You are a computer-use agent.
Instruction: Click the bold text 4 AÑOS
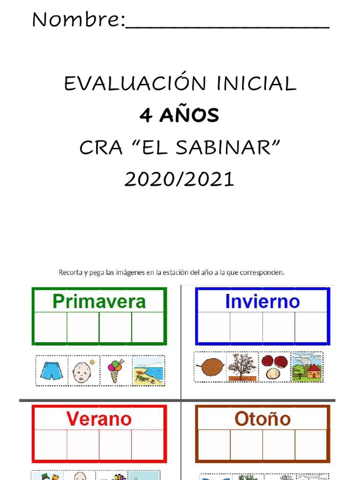point(180,115)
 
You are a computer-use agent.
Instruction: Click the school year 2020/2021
point(179,179)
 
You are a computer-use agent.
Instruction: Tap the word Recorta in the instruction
point(71,272)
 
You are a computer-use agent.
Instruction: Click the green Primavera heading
point(99,301)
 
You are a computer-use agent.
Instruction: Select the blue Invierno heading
point(262,301)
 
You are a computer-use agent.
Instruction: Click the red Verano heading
point(99,419)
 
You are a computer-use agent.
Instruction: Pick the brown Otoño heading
point(262,419)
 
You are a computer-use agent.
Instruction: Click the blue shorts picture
point(52,371)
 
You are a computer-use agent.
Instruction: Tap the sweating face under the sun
point(82,371)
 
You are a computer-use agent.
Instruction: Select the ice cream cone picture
point(115,370)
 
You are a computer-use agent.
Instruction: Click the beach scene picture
point(149,371)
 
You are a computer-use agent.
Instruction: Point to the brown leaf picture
point(210,367)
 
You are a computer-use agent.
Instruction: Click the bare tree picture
point(242,367)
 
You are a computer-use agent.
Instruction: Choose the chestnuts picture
point(274,367)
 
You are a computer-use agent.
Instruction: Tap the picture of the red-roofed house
point(307,367)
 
